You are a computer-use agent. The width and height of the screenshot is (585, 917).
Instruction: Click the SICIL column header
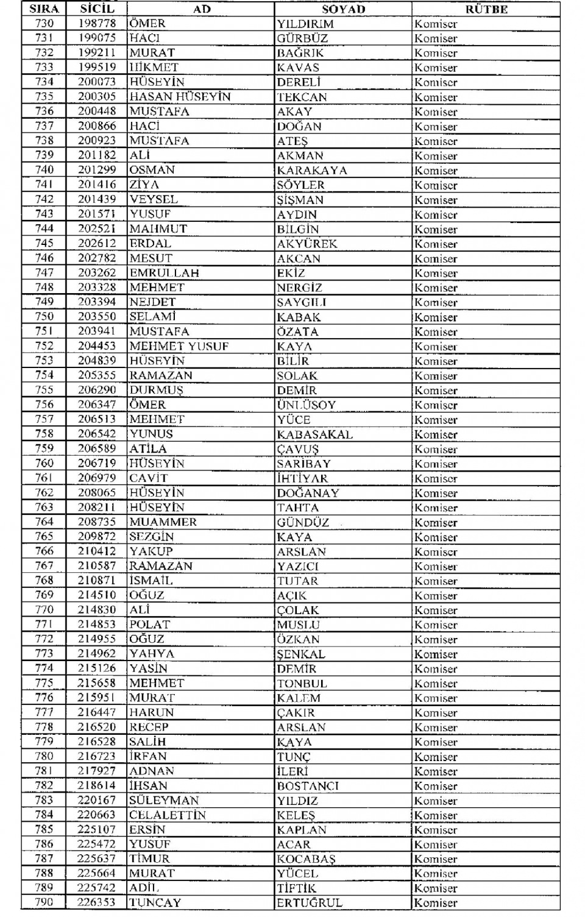tap(97, 9)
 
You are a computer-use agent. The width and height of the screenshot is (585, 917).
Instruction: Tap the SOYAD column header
tap(343, 9)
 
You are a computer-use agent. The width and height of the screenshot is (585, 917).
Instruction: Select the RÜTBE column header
tap(486, 9)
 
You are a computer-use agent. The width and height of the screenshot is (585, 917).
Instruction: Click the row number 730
tap(44, 24)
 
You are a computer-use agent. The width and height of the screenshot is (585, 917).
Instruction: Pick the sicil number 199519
tap(97, 68)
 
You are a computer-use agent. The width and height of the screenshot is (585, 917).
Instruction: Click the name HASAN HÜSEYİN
tap(180, 97)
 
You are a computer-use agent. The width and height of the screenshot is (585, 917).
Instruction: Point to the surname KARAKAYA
tap(311, 171)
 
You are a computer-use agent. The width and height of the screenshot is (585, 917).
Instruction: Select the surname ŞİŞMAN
tap(300, 200)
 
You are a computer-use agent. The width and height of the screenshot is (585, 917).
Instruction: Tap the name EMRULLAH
tap(164, 273)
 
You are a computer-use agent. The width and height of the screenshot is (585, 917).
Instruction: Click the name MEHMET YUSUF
tap(179, 346)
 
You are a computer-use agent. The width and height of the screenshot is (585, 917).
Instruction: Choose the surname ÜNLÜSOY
tap(306, 405)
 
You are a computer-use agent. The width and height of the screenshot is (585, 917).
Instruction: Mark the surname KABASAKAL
tap(314, 434)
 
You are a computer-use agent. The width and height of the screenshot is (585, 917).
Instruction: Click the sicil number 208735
tap(97, 522)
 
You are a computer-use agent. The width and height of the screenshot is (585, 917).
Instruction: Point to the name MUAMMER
tap(163, 522)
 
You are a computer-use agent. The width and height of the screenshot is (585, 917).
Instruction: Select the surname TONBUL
tap(302, 684)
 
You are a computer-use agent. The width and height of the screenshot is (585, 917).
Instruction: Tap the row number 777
tap(44, 712)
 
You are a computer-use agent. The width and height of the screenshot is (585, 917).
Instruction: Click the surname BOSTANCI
tap(307, 786)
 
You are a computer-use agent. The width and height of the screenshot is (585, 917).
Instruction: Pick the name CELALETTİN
tap(167, 815)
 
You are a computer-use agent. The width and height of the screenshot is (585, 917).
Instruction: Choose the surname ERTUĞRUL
tap(309, 903)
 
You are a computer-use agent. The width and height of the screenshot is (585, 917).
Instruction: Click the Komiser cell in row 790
tap(436, 903)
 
